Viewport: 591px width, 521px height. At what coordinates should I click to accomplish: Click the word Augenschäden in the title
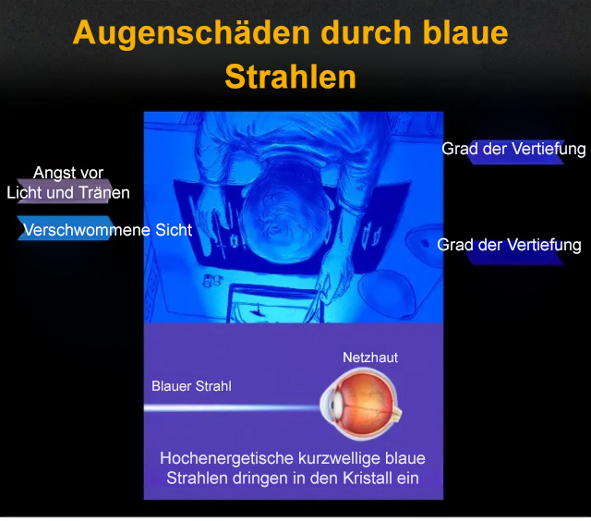191,34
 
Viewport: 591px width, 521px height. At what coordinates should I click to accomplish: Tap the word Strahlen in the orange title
291,77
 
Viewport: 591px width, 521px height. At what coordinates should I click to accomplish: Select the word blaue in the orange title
465,32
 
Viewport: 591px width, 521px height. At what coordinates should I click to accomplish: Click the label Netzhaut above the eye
370,357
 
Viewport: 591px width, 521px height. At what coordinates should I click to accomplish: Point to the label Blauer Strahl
191,386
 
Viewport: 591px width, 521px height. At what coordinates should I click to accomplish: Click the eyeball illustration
361,404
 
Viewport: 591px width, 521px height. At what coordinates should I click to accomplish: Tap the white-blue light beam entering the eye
232,407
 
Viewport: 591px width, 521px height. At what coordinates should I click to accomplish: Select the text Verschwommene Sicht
108,230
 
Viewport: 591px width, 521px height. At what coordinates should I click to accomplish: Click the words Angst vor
68,173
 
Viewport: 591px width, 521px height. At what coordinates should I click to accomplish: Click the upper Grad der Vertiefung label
513,149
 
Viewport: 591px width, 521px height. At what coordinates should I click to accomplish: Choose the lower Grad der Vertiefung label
509,245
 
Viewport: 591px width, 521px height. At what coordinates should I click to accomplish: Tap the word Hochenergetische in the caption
227,459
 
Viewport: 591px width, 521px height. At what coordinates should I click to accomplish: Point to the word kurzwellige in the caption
340,459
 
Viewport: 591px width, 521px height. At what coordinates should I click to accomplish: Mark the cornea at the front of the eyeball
328,405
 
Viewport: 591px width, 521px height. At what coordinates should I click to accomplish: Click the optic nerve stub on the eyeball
396,414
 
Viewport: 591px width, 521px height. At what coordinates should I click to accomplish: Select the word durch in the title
366,32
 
